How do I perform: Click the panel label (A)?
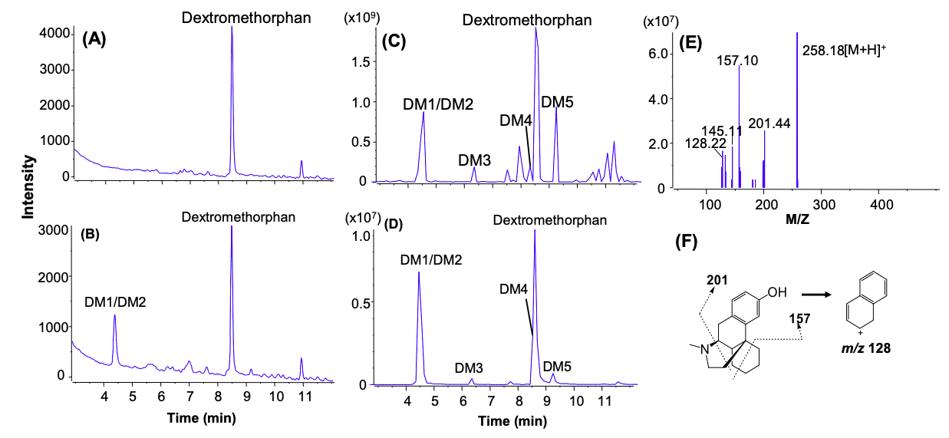(99, 40)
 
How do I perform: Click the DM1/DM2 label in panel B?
(115, 301)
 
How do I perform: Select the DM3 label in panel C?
(474, 160)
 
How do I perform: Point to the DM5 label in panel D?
(558, 367)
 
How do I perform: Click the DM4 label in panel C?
(516, 120)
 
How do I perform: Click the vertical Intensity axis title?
(29, 186)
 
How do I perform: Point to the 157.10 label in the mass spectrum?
(738, 60)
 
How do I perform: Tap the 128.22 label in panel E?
(704, 143)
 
